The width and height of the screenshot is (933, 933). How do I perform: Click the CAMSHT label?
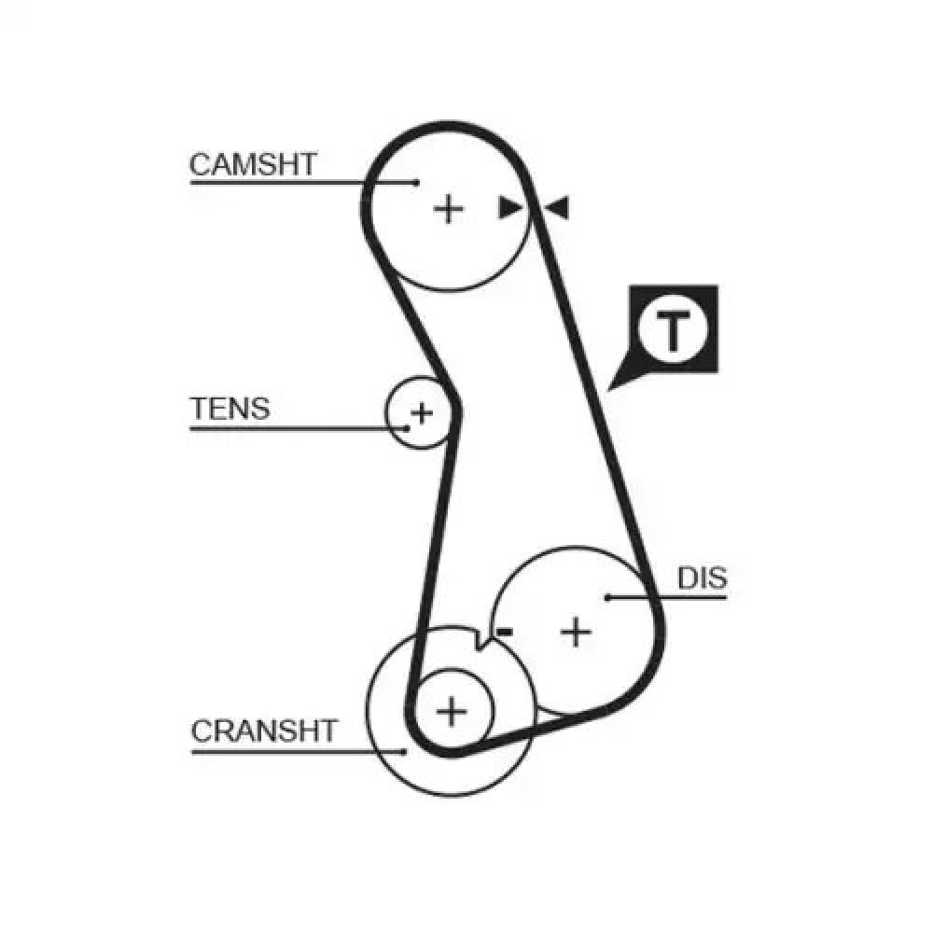tap(252, 164)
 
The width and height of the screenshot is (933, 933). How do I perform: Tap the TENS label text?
tap(230, 409)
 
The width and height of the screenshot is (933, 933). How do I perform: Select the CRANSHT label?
tap(264, 731)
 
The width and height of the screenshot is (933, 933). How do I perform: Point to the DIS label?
tap(703, 578)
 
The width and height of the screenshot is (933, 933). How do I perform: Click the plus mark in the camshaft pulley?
tap(448, 209)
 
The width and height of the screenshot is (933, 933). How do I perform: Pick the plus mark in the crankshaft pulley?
tap(452, 711)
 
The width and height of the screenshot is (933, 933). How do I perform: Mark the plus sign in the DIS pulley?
tap(576, 632)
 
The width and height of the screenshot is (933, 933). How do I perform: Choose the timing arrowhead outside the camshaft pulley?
tap(558, 208)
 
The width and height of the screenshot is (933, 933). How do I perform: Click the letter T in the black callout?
tap(673, 330)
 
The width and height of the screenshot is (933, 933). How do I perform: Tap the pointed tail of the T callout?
tap(608, 390)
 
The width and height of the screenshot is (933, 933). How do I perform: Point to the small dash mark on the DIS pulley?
tap(505, 632)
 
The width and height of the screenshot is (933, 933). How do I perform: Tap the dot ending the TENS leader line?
tap(407, 428)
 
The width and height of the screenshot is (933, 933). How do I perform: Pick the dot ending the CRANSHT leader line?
tap(405, 751)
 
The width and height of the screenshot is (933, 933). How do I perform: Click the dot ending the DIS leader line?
tap(607, 597)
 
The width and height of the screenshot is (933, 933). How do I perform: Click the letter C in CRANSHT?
tap(202, 731)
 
